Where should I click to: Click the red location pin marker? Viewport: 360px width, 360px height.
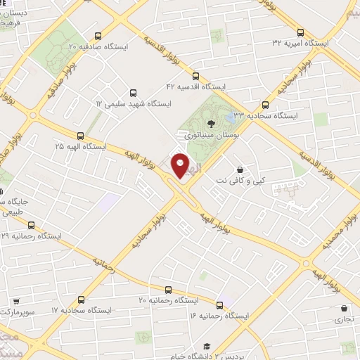181,165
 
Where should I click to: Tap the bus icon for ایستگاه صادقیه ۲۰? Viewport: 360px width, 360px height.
98,36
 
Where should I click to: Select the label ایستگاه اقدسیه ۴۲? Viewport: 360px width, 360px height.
194,86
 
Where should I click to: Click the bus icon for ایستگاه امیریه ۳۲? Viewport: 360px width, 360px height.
301,32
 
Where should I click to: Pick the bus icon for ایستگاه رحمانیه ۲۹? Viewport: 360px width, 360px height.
30,226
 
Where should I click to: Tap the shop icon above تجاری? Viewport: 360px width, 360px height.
344,308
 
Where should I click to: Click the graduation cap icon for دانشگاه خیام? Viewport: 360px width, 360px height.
207,346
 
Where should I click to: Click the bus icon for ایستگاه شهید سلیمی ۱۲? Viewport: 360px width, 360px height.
134,92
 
